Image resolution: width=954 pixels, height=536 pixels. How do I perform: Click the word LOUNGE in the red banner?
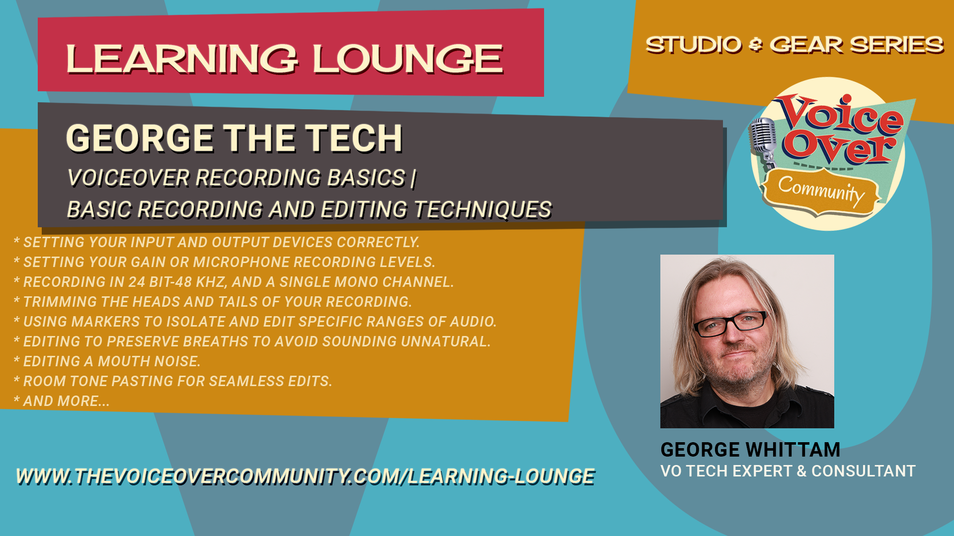pyautogui.click(x=408, y=59)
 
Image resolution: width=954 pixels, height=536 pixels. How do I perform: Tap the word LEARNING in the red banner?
pyautogui.click(x=182, y=59)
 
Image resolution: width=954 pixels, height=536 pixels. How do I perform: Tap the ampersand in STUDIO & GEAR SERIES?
pyautogui.click(x=755, y=45)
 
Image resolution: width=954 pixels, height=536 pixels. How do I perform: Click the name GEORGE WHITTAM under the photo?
pyautogui.click(x=750, y=450)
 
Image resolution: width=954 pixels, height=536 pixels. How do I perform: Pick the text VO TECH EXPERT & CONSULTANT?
pyautogui.click(x=788, y=471)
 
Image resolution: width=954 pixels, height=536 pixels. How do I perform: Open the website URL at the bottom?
pyautogui.click(x=306, y=476)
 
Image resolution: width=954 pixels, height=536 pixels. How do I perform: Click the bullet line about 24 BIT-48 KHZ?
pyautogui.click(x=234, y=282)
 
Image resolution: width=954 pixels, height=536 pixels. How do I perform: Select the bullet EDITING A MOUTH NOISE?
pyautogui.click(x=107, y=361)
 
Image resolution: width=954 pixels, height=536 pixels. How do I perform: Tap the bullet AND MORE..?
pyautogui.click(x=62, y=401)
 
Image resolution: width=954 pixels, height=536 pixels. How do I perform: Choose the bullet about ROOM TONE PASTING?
pyautogui.click(x=173, y=381)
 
